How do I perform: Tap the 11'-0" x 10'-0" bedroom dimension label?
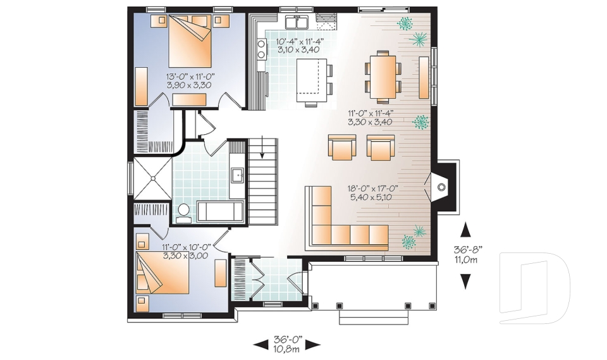click(184, 252)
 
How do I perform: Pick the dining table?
click(383, 77)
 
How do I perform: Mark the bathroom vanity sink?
click(238, 174)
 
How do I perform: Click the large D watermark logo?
click(534, 284)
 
